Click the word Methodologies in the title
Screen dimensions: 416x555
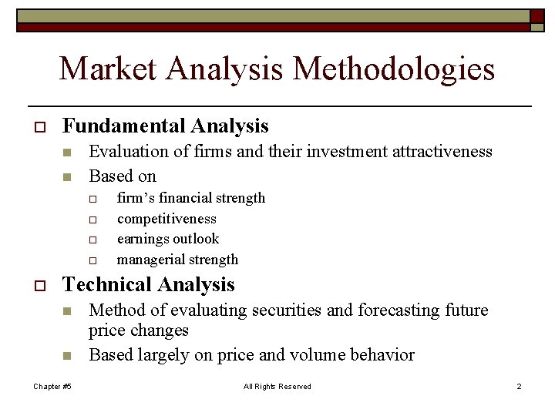[394, 69]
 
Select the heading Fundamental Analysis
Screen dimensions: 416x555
[165, 126]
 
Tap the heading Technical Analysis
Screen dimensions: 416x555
[148, 285]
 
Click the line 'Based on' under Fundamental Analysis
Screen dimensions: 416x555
[123, 176]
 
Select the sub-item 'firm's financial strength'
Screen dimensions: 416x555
[190, 199]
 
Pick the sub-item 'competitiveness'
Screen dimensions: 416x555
[166, 219]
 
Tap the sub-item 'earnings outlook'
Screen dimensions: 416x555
[168, 239]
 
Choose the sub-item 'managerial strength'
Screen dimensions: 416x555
[177, 260]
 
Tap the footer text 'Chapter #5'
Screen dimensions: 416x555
[52, 386]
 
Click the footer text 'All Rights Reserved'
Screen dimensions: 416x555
[277, 386]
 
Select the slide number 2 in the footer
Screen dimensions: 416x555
[519, 386]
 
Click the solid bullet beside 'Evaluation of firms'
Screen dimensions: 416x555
[67, 153]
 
